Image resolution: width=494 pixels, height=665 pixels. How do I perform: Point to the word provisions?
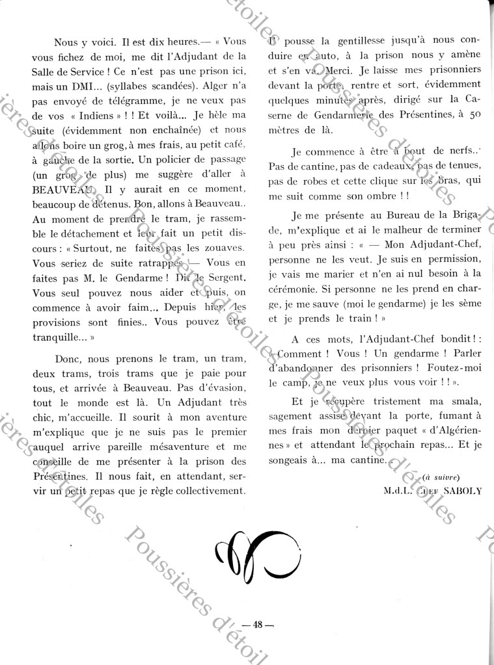coord(61,321)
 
